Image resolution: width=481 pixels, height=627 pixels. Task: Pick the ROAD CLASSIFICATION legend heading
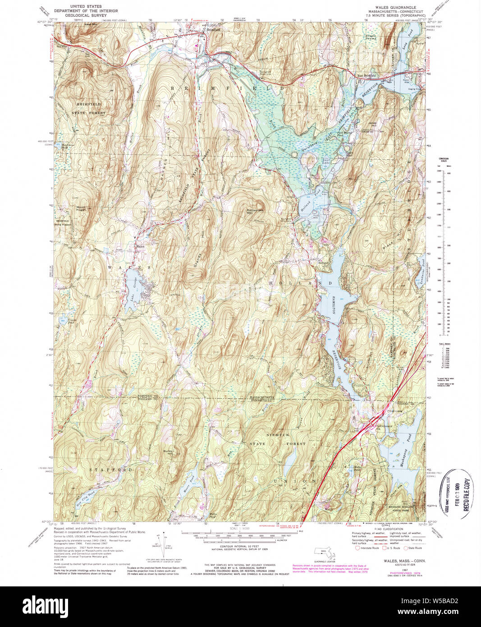[377, 529]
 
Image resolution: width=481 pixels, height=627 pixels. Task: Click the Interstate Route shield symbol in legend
[358, 548]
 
